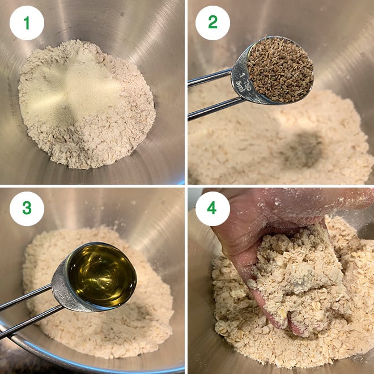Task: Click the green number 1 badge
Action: tap(27, 23)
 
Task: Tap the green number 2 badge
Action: tap(212, 23)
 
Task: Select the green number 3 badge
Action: tap(27, 209)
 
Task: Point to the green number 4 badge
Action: tap(212, 209)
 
